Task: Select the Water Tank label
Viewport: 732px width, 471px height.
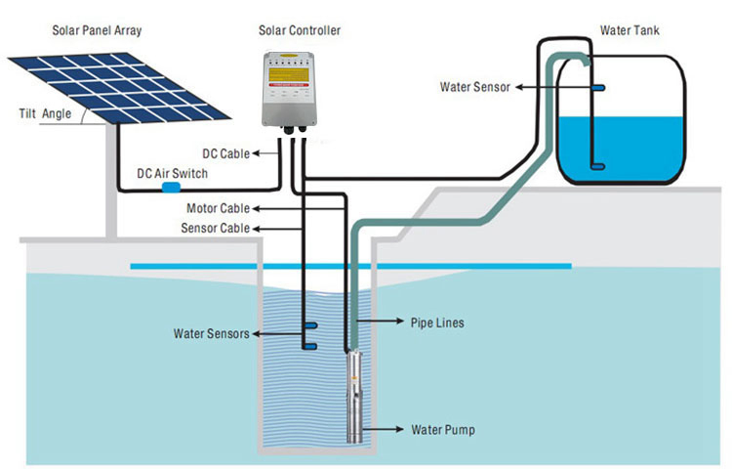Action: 629,31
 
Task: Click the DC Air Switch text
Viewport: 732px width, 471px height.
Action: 172,174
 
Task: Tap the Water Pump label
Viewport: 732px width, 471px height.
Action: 442,429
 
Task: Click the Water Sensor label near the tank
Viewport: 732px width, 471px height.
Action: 476,87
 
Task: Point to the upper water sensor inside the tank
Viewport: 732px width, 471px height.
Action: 596,88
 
